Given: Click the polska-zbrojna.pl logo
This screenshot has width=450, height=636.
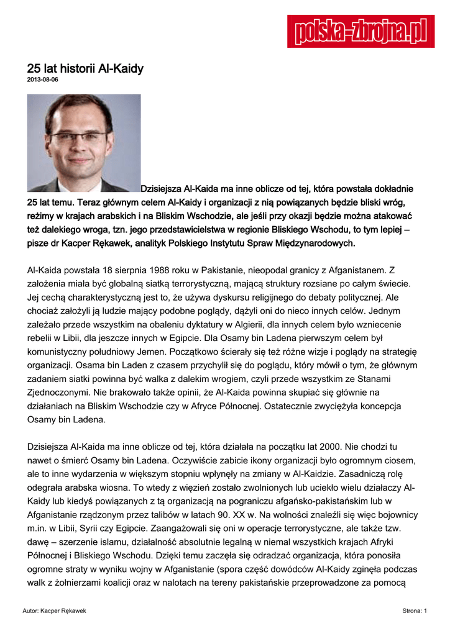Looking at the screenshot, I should pos(360,31).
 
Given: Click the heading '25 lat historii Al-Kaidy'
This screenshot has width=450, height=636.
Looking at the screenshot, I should pos(85,68).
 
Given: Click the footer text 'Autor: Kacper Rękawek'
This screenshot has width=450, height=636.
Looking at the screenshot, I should pos(53,611).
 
